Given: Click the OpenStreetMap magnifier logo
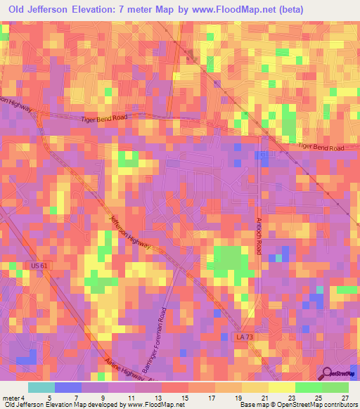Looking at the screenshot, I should [326, 373].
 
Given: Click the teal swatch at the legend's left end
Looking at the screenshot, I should [41, 387].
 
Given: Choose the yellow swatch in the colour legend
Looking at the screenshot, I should [281, 387].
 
